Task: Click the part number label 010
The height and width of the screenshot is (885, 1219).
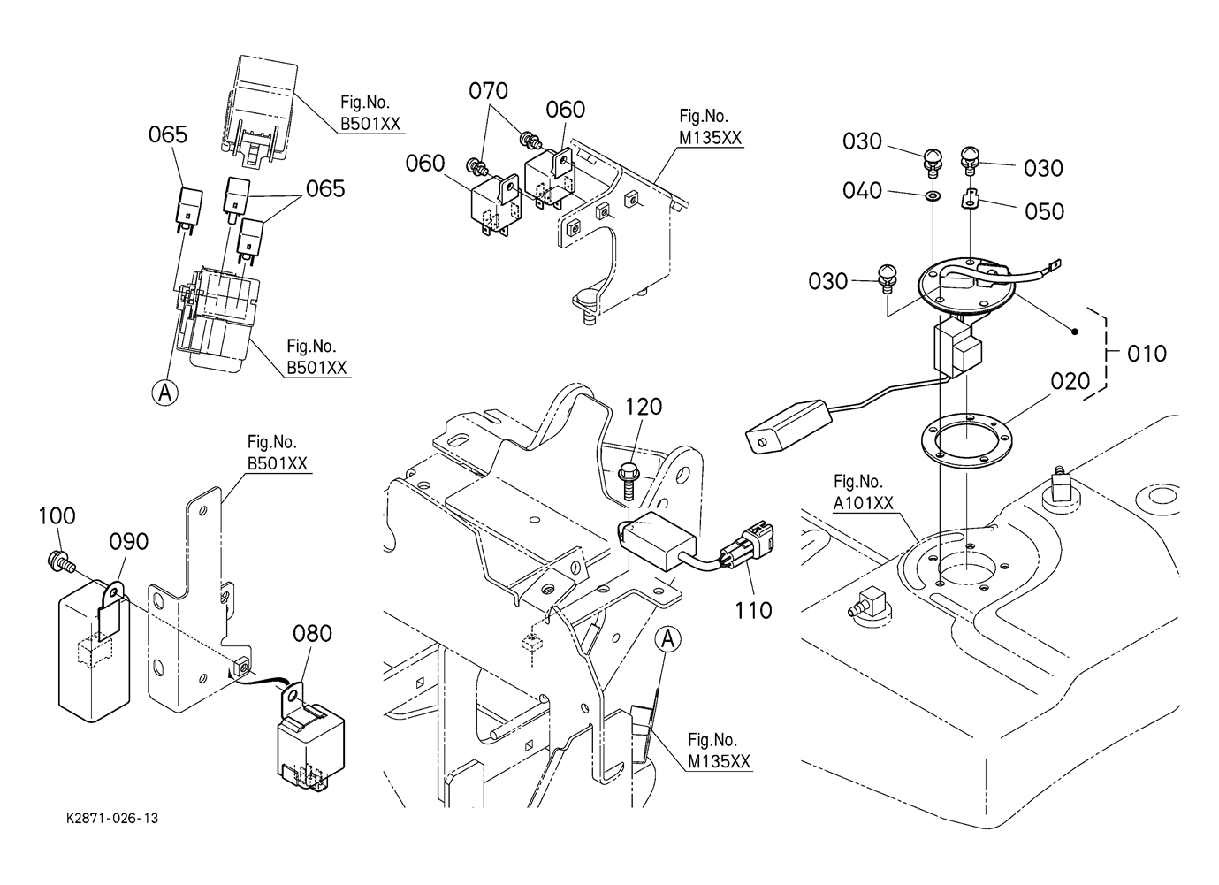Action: tap(1147, 354)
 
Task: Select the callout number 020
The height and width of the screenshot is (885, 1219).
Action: tap(1071, 381)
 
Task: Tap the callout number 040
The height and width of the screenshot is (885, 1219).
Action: tap(862, 191)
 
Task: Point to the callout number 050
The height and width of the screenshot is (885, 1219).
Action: tap(1044, 212)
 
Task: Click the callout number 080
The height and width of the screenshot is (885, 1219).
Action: tap(313, 634)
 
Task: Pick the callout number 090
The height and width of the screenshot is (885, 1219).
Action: tap(128, 541)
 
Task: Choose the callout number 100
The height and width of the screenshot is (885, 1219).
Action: tap(57, 515)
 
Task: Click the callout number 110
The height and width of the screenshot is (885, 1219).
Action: tap(753, 610)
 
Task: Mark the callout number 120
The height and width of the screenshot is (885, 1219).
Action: tap(644, 407)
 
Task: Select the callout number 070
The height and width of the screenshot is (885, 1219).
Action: tap(488, 91)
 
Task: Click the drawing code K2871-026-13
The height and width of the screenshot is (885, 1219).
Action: tap(112, 819)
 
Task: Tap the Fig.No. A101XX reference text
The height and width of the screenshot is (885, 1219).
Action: tap(863, 492)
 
